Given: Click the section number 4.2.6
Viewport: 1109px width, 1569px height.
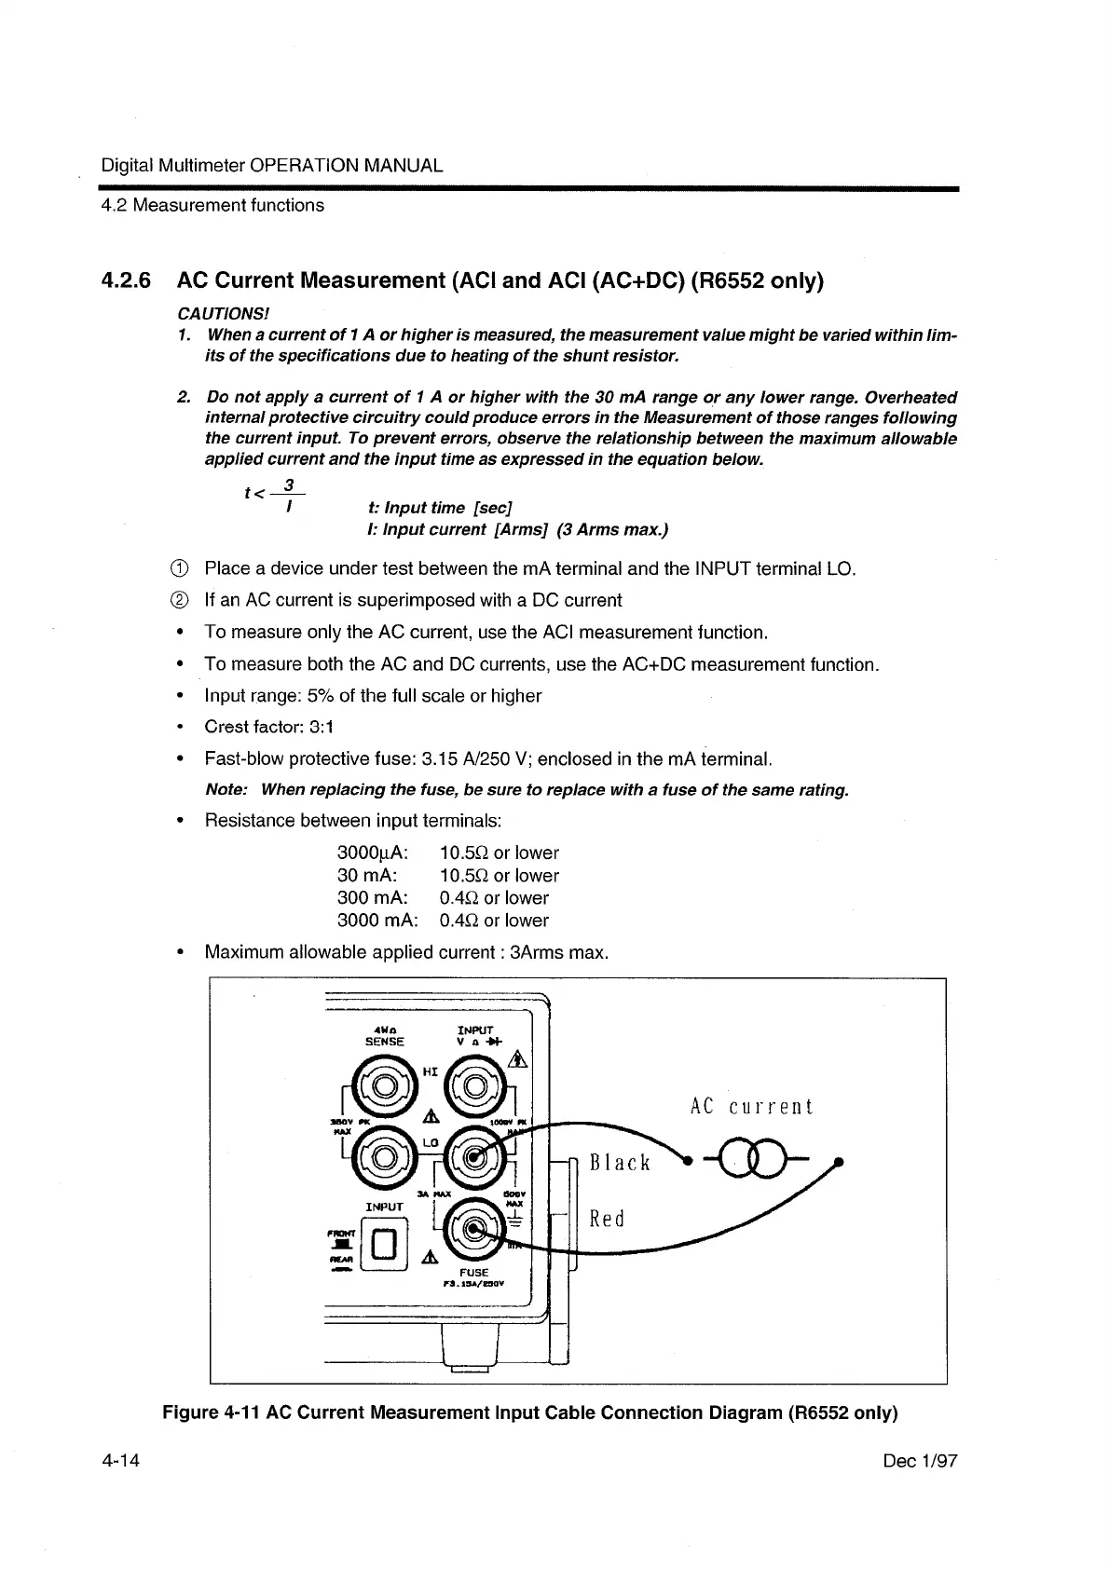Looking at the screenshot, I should point(127,280).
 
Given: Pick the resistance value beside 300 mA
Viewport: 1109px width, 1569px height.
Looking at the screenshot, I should point(494,898).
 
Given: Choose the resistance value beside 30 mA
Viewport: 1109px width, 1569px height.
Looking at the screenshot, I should point(499,876).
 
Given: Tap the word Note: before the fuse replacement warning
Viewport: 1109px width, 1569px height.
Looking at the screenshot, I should point(226,790).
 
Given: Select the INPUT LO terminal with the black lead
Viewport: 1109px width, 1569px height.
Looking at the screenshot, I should point(475,1158).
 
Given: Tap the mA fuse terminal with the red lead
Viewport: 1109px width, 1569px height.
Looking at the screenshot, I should point(474,1229).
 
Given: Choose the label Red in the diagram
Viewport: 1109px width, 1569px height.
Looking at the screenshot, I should point(608,1219).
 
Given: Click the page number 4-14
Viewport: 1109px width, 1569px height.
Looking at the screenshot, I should point(121,1461).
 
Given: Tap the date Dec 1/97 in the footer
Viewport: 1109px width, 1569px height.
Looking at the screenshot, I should point(919,1461).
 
